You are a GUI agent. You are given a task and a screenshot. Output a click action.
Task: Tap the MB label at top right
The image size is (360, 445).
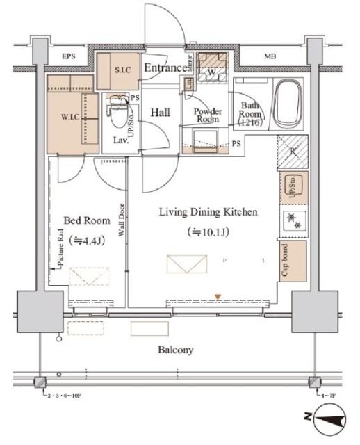(268, 56)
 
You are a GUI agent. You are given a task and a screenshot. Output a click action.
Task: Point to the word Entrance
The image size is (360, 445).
(165, 67)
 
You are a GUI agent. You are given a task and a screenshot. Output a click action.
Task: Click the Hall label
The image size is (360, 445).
(161, 111)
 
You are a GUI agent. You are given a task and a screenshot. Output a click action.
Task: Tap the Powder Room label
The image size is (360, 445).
(208, 115)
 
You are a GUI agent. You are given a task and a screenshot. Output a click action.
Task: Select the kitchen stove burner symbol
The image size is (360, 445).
(291, 220)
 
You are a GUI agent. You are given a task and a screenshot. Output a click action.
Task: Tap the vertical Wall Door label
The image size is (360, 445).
(122, 221)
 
